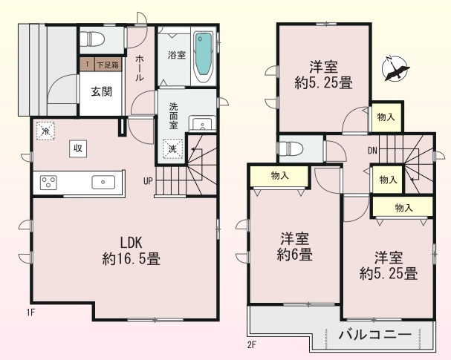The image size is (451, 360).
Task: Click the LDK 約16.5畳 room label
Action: [x=131, y=250]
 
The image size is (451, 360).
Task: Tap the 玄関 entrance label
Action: [x=101, y=92]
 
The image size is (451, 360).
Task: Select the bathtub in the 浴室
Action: [x=203, y=58]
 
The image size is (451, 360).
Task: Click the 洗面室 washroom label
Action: [x=173, y=115]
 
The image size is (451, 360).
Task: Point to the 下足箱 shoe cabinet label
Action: [x=106, y=66]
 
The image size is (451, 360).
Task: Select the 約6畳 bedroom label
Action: [x=296, y=247]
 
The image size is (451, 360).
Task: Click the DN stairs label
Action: [x=372, y=151]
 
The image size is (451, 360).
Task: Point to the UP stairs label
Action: [x=148, y=180]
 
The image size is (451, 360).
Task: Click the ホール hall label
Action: [x=140, y=68]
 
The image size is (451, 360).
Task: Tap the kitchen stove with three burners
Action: [x=50, y=182]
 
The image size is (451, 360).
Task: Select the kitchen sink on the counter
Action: [x=101, y=182]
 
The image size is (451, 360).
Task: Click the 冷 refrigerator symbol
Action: [x=45, y=131]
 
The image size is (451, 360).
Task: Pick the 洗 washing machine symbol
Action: [x=172, y=148]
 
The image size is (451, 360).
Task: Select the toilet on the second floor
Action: [x=288, y=148]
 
